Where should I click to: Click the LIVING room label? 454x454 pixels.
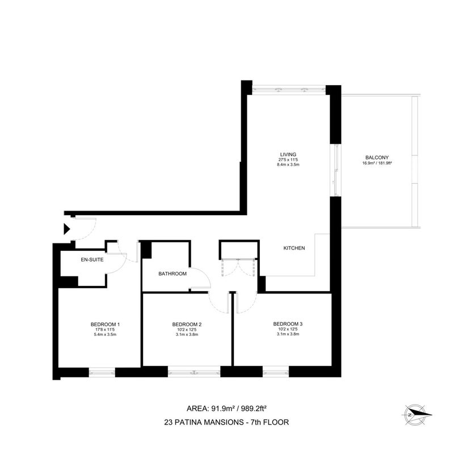click(288, 154)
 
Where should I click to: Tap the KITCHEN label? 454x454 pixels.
click(294, 248)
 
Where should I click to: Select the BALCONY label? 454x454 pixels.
click(377, 158)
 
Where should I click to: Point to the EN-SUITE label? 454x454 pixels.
click(92, 260)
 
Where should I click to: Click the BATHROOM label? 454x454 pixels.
click(173, 274)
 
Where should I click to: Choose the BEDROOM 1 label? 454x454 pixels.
click(105, 325)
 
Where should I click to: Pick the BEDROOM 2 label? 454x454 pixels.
click(187, 325)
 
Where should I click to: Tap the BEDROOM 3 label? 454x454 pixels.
click(288, 324)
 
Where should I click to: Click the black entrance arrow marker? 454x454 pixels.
click(67, 229)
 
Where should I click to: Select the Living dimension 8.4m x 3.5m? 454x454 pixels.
click(288, 165)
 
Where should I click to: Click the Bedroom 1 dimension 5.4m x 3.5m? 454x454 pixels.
click(105, 335)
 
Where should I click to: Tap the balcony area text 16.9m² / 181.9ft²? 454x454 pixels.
click(377, 163)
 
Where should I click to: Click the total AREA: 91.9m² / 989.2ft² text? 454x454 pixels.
click(226, 409)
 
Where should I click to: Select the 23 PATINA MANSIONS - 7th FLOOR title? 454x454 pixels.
click(226, 422)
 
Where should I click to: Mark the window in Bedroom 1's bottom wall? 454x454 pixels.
click(102, 372)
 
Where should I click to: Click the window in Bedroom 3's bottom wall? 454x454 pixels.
click(276, 372)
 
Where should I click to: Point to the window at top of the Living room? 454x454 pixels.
click(289, 90)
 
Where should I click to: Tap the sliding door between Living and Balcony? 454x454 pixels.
click(336, 170)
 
